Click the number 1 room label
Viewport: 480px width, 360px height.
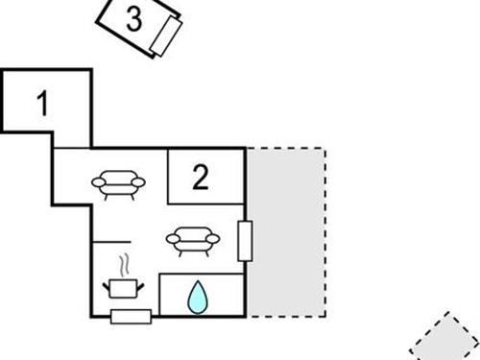coord(41,103)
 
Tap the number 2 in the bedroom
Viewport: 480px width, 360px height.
coord(200,178)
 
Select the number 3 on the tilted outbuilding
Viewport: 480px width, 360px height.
coord(135,19)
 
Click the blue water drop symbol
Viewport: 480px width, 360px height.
coord(197,297)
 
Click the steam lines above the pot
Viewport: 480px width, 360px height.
coord(123,265)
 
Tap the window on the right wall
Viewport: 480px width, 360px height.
coord(245,240)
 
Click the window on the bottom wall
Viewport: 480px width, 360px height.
coord(130,317)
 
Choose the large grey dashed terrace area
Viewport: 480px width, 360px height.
coord(287,230)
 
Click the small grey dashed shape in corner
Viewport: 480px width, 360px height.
coord(446,341)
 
